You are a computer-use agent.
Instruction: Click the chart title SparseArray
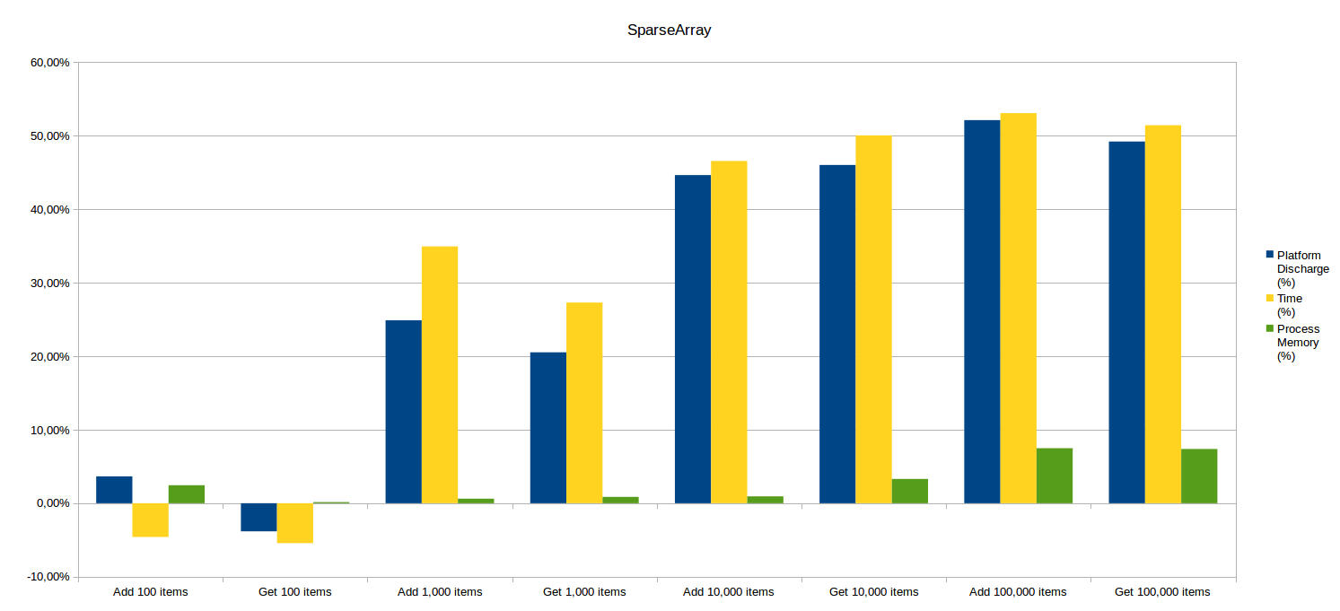[669, 31]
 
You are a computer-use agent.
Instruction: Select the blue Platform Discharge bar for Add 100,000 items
[982, 311]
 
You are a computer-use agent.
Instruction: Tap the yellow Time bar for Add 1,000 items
[440, 374]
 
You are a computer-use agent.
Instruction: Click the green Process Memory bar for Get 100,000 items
[1199, 476]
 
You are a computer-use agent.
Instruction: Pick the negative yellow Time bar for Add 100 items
[150, 519]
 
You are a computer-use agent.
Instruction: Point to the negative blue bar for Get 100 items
[258, 517]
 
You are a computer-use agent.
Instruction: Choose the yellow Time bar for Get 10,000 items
[873, 319]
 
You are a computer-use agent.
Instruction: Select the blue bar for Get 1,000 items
[548, 427]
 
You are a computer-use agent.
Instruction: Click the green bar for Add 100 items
[187, 493]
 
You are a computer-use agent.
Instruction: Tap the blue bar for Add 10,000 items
[693, 338]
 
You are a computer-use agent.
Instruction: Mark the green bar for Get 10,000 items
[909, 491]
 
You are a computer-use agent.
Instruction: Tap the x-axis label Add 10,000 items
[728, 592]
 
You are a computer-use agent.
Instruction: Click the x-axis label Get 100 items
[294, 592]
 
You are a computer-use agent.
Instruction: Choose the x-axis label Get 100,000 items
[1162, 592]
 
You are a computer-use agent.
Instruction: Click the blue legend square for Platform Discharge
[1269, 255]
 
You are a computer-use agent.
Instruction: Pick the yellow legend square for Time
[1269, 298]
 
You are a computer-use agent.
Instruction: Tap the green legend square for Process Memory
[1269, 328]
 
